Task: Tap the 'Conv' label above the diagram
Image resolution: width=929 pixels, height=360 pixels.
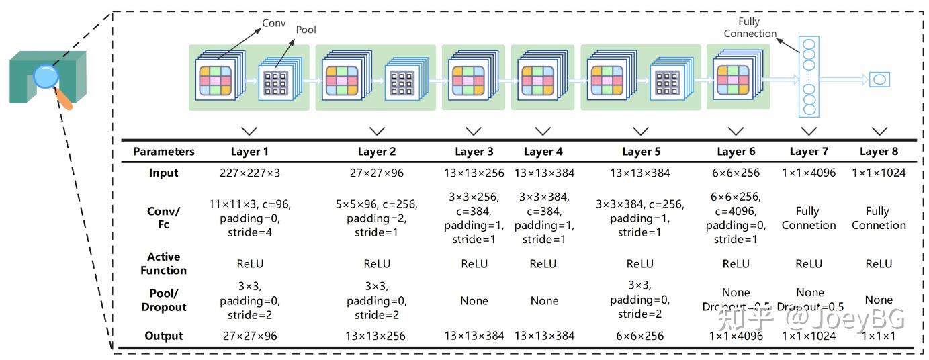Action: point(273,22)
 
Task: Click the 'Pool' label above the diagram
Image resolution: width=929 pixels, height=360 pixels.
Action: point(306,30)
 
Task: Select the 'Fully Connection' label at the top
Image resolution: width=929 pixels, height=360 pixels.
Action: point(750,28)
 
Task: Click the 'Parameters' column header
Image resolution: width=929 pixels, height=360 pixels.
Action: point(163,152)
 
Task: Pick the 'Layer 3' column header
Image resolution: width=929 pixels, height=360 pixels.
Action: point(474,152)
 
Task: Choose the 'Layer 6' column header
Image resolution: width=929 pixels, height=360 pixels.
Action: point(736,152)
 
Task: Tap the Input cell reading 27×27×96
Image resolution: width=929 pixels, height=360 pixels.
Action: point(376,173)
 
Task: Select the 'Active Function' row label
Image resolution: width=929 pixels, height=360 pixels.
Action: point(163,263)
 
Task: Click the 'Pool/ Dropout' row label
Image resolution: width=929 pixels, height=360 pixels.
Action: point(163,300)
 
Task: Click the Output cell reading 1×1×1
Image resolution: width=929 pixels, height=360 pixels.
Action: point(879,336)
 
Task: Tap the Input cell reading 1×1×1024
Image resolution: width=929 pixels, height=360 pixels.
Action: point(879,173)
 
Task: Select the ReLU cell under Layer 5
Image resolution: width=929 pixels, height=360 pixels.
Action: point(639,264)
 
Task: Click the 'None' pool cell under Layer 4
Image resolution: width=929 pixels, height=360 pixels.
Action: point(544,301)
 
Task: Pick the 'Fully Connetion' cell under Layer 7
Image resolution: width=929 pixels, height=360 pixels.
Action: point(809,218)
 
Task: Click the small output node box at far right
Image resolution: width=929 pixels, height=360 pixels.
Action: point(879,79)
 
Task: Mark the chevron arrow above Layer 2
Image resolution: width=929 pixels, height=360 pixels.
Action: point(377,131)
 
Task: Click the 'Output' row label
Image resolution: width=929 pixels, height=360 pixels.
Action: point(163,336)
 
